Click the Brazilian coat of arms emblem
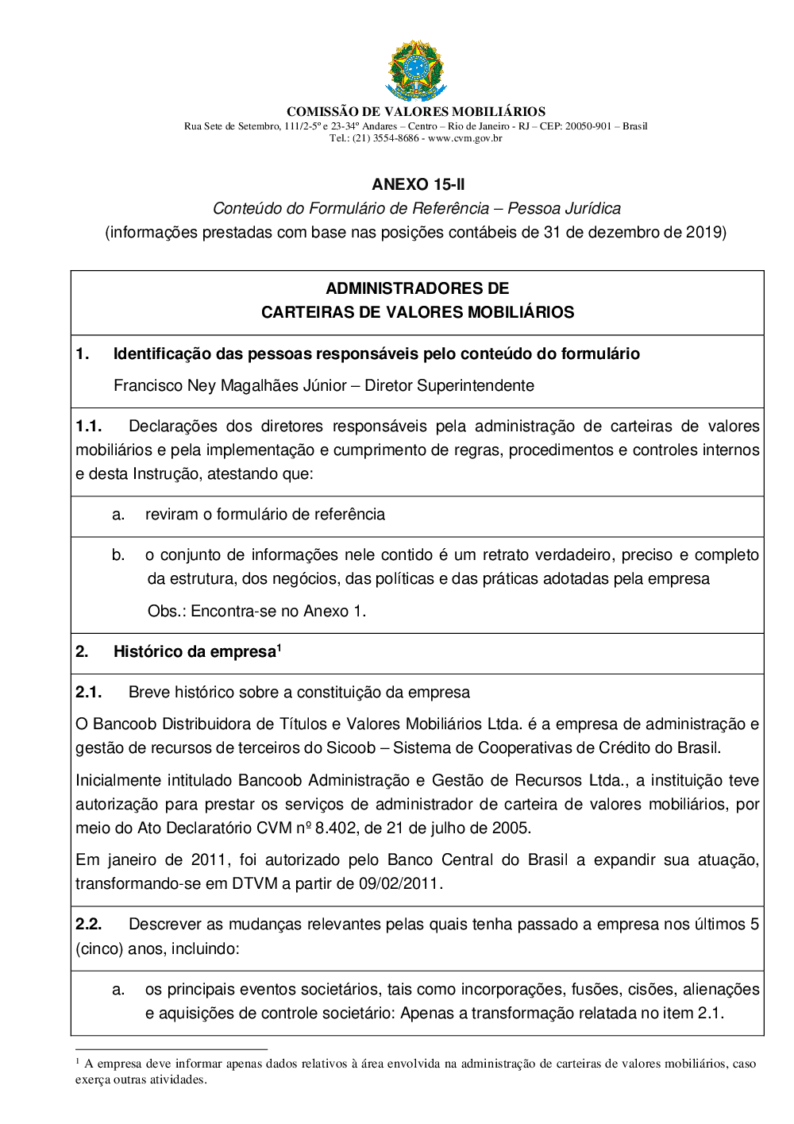click(416, 71)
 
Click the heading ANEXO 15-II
click(418, 184)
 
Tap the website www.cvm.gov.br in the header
click(465, 138)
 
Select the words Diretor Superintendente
click(449, 385)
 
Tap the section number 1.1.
click(88, 426)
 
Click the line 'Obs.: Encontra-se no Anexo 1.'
click(256, 611)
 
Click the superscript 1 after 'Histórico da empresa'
click(279, 647)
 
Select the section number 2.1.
click(88, 692)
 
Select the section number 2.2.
click(88, 924)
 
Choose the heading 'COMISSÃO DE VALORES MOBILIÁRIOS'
click(416, 112)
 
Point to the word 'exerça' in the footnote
click(91, 1080)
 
